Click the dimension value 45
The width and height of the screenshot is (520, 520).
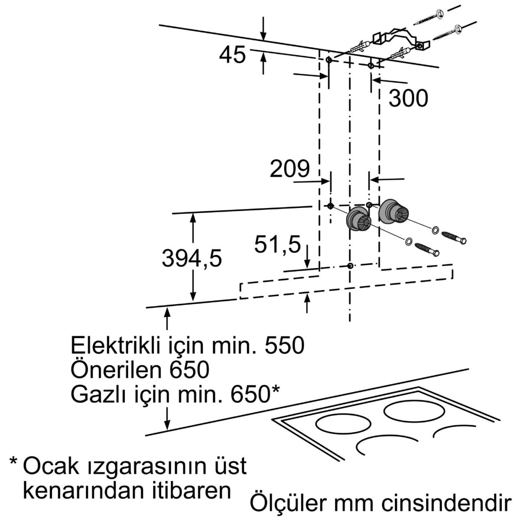(233, 55)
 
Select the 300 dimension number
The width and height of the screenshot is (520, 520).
(408, 98)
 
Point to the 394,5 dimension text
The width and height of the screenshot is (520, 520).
(192, 259)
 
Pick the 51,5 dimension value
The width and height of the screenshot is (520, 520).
(277, 246)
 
